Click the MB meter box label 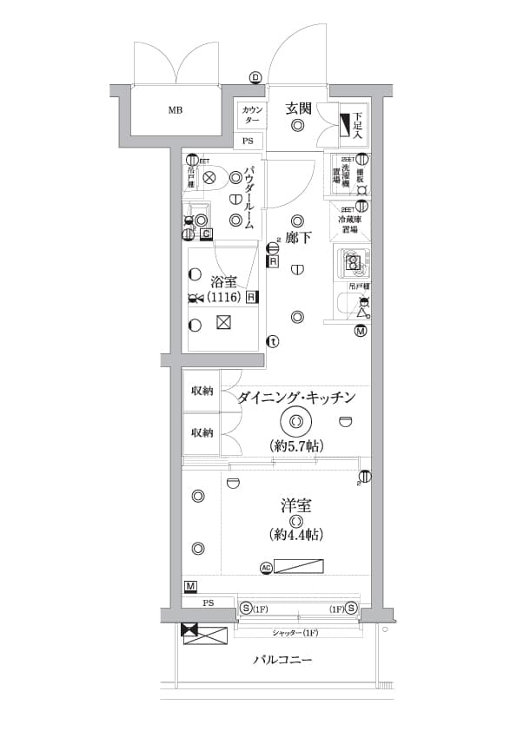[x=176, y=110]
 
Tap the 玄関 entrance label [x=298, y=109]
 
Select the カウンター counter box [x=251, y=115]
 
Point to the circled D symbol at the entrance [x=255, y=78]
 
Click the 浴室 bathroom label [x=223, y=280]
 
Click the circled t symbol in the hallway [x=273, y=341]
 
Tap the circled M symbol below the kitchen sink [x=361, y=330]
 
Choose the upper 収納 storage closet [x=202, y=392]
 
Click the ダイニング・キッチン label [x=296, y=398]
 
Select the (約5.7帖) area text [x=295, y=445]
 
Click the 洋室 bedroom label [x=296, y=505]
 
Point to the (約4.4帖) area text [x=296, y=533]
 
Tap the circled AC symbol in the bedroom [x=266, y=568]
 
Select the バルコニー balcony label [x=282, y=660]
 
